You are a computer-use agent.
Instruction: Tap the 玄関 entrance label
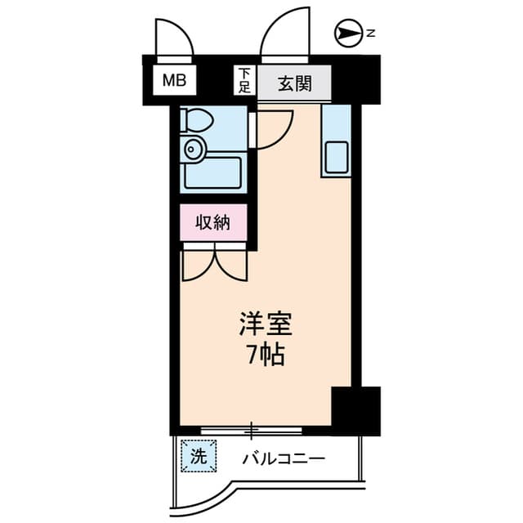pos(293,83)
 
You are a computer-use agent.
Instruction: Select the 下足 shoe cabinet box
pos(244,80)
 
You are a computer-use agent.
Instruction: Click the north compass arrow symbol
pos(348,34)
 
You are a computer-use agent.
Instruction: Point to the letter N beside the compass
pos(370,34)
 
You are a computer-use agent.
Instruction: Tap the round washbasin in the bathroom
pos(194,149)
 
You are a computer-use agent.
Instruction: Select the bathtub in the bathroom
pos(212,172)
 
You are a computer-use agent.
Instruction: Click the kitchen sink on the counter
pos(336,156)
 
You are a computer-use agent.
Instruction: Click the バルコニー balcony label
pos(284,458)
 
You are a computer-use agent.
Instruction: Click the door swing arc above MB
pos(172,37)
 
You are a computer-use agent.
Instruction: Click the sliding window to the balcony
pos(253,429)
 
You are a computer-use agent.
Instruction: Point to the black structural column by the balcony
pos(355,409)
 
